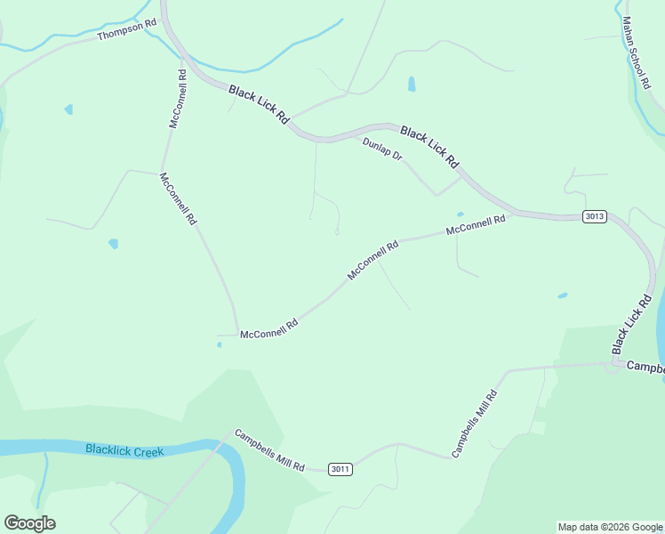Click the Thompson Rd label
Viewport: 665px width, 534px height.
127,28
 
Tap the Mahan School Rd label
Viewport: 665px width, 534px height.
635,53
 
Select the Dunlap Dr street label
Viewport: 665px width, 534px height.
382,149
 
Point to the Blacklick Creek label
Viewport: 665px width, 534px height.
125,451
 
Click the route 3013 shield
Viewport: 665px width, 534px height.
595,216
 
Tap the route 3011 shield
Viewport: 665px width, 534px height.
340,469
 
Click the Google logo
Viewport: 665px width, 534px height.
29,523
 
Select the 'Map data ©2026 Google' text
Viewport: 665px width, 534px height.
610,527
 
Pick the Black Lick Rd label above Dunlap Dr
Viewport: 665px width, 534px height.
429,147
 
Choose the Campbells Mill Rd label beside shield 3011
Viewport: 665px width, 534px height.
269,450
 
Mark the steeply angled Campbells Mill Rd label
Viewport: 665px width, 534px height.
473,424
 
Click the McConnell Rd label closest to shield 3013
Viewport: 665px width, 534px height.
476,224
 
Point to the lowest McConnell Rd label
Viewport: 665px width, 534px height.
268,328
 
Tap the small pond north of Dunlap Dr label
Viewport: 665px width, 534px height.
411,85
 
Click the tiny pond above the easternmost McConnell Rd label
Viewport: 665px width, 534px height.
460,214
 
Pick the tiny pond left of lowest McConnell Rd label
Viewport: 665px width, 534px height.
219,344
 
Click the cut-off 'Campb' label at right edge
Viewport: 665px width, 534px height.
645,367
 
